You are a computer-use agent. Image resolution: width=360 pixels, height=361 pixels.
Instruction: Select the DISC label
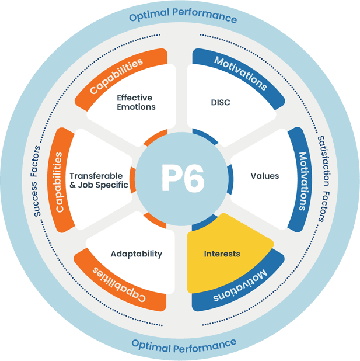(221, 103)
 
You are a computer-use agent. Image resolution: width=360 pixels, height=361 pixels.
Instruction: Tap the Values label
(265, 176)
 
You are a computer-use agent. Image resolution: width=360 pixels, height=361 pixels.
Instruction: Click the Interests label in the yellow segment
(222, 254)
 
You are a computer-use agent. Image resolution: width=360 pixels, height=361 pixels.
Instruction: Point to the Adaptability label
(136, 254)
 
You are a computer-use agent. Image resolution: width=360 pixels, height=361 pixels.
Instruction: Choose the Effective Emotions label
(136, 102)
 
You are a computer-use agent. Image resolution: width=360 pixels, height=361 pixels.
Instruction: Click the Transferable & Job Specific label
(96, 180)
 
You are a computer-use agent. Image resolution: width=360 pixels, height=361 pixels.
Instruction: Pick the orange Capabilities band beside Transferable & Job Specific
(59, 180)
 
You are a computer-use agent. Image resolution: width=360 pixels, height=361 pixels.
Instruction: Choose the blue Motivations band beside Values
(302, 181)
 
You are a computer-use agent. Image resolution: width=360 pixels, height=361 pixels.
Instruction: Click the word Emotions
(136, 107)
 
